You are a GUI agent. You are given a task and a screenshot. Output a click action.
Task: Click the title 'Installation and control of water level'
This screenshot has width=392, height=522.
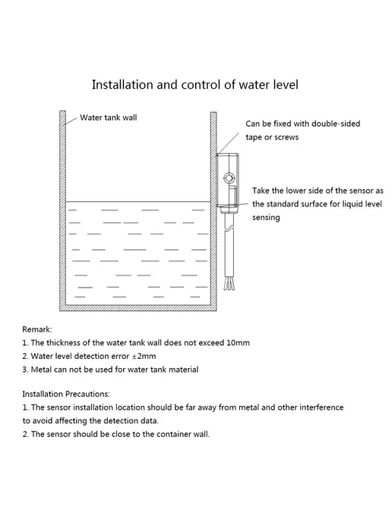tap(195, 85)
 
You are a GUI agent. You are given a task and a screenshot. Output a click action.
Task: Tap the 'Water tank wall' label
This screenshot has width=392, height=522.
tap(109, 118)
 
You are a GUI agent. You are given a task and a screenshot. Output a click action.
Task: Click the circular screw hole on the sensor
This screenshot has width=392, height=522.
tap(229, 178)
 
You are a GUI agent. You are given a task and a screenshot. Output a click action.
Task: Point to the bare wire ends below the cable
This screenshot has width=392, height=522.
tap(229, 283)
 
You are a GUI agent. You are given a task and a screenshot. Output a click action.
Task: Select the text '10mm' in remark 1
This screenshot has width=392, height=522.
tap(238, 343)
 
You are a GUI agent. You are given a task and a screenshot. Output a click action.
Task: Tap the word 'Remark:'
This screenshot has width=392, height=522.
tap(37, 329)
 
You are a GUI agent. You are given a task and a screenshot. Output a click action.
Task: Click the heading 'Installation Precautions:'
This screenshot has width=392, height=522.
tap(66, 395)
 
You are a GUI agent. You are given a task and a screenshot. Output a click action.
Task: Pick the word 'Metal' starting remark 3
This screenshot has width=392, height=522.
tap(41, 369)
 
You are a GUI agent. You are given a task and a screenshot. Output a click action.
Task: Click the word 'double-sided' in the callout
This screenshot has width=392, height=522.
tap(336, 124)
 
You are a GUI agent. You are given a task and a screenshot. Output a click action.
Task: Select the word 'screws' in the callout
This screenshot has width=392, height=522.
tap(286, 137)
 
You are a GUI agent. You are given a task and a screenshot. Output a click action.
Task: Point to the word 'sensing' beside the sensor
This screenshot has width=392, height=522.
tap(266, 218)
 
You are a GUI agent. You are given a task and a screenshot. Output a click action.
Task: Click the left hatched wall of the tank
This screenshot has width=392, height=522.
tap(62, 210)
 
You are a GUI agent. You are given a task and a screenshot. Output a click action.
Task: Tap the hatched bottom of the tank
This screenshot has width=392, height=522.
tap(138, 308)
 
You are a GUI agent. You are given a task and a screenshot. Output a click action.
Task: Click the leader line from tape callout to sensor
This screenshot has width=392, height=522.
tap(228, 143)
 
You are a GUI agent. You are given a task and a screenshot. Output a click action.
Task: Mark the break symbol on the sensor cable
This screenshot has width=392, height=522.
tap(229, 228)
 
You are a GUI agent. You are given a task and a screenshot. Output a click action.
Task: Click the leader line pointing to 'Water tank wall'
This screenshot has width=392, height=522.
tap(71, 121)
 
